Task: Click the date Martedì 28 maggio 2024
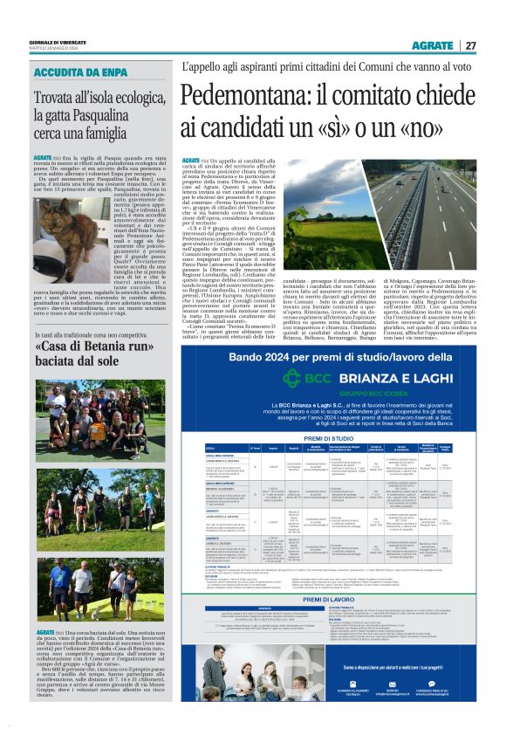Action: pos(56,48)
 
